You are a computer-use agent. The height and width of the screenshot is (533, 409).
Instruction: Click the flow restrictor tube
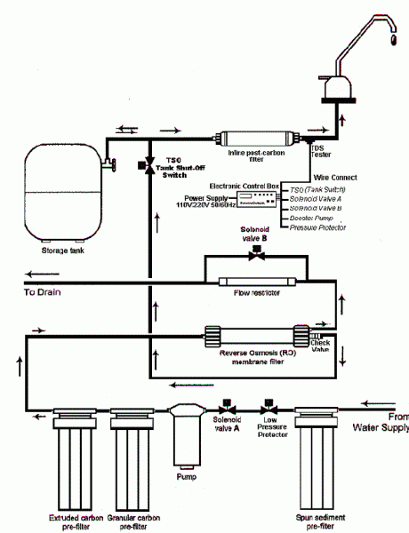point(256,282)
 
